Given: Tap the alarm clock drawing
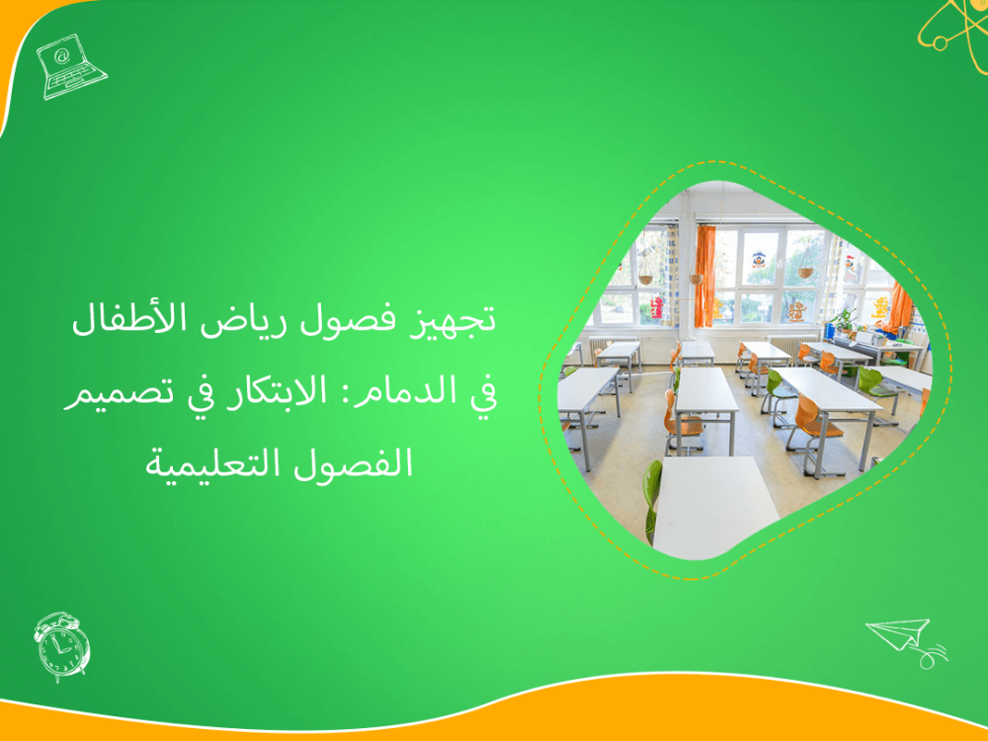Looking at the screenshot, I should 61,646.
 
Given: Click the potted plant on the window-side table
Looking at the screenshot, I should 845,321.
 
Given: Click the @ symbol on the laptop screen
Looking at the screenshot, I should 62,55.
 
